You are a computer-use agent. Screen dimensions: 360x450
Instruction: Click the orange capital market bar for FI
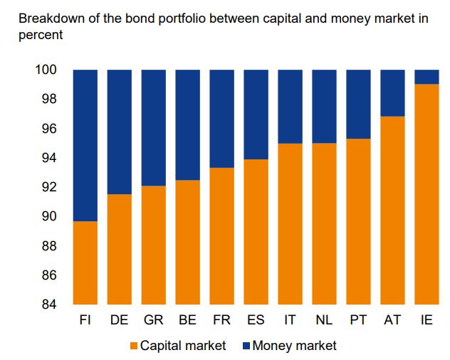[85, 263]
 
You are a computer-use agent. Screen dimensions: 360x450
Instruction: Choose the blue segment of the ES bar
[256, 115]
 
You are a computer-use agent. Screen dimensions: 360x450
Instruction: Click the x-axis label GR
[154, 321]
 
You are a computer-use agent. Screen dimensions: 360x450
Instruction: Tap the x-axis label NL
[323, 321]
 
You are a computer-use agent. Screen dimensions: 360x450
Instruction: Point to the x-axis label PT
[357, 321]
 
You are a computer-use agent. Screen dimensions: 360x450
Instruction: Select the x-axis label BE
[188, 321]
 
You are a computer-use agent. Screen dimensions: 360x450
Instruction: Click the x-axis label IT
[290, 321]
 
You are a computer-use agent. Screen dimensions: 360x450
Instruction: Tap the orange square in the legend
[133, 346]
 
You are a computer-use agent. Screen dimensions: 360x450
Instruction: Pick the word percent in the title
[40, 33]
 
